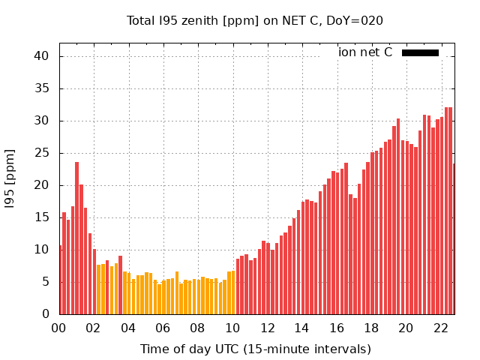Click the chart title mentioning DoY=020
point(255,21)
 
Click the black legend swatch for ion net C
point(420,52)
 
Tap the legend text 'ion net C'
point(365,52)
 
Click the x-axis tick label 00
point(58,328)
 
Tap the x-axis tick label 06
point(163,328)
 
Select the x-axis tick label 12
point(267,328)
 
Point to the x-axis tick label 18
point(371,328)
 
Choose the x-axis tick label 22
point(441,328)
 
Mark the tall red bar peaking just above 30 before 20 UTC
point(398,217)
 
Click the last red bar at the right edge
point(453,239)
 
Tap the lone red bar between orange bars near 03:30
point(120,285)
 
